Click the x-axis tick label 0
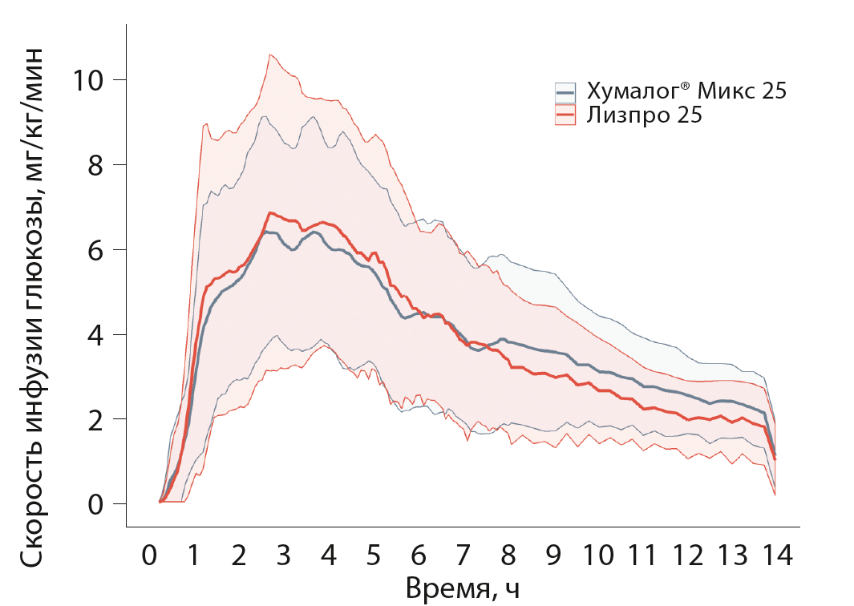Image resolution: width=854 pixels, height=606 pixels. click(x=149, y=555)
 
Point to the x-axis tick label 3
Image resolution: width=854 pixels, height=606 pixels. click(x=284, y=555)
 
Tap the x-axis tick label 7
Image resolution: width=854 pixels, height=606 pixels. click(x=464, y=555)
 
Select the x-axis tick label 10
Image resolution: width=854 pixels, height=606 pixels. click(x=600, y=555)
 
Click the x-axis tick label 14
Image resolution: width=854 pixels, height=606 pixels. click(x=776, y=555)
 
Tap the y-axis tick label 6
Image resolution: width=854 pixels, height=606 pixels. click(x=96, y=249)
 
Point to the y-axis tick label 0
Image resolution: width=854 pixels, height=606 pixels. click(x=96, y=504)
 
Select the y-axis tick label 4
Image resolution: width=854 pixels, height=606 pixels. click(x=96, y=334)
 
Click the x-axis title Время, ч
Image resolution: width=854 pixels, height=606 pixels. click(x=463, y=588)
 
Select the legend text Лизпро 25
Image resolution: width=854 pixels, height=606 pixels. click(x=644, y=115)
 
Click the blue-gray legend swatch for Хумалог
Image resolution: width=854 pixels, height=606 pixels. click(x=565, y=91)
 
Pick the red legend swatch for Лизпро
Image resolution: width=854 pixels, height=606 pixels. click(x=565, y=115)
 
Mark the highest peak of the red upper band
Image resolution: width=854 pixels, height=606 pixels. click(x=271, y=55)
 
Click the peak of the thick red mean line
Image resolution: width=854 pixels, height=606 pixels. click(x=271, y=213)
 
